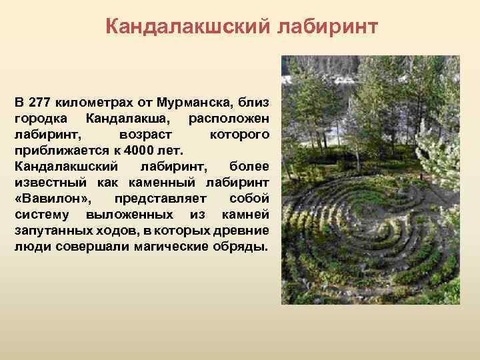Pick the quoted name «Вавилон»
55,199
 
